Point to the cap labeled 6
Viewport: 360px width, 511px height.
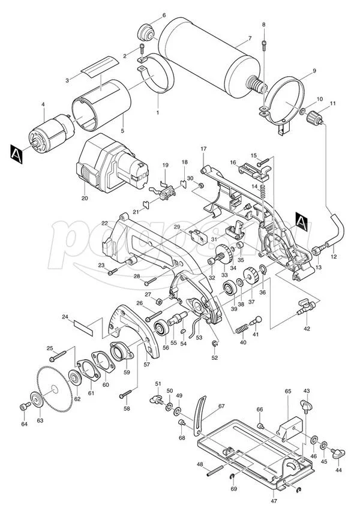[146, 31]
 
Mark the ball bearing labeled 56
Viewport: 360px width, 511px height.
[161, 329]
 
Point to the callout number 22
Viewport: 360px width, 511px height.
[104, 224]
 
